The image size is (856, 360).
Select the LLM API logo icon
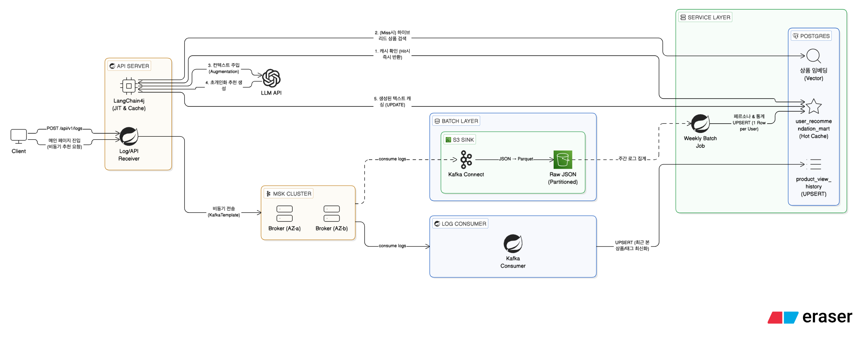(271, 78)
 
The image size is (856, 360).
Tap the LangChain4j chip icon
(129, 86)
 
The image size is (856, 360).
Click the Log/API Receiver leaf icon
(129, 136)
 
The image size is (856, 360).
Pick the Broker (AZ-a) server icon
(284, 214)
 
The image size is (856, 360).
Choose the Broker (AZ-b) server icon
(331, 214)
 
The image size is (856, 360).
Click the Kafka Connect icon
(466, 160)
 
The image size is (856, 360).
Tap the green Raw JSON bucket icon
(563, 160)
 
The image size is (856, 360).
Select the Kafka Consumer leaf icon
(513, 243)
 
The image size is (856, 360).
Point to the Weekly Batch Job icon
(700, 124)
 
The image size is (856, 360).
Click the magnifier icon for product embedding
(813, 56)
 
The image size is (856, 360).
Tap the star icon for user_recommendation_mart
(813, 106)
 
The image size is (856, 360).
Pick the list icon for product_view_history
(814, 164)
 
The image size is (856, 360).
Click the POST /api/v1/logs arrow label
(64, 128)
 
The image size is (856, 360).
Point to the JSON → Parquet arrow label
(516, 159)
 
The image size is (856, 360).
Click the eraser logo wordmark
(827, 317)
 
